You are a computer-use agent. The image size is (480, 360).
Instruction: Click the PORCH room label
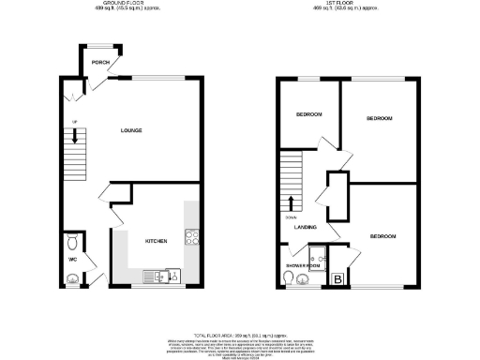tap(100, 63)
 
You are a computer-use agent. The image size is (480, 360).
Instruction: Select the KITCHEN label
tap(156, 241)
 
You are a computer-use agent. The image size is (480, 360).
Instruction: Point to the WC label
tap(71, 259)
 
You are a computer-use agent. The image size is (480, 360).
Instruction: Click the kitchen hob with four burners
tap(190, 237)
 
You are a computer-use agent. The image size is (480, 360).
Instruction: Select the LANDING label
tap(305, 227)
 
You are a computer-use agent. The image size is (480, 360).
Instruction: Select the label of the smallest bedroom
tap(309, 114)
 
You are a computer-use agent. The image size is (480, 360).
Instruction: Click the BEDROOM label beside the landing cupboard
tap(382, 235)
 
